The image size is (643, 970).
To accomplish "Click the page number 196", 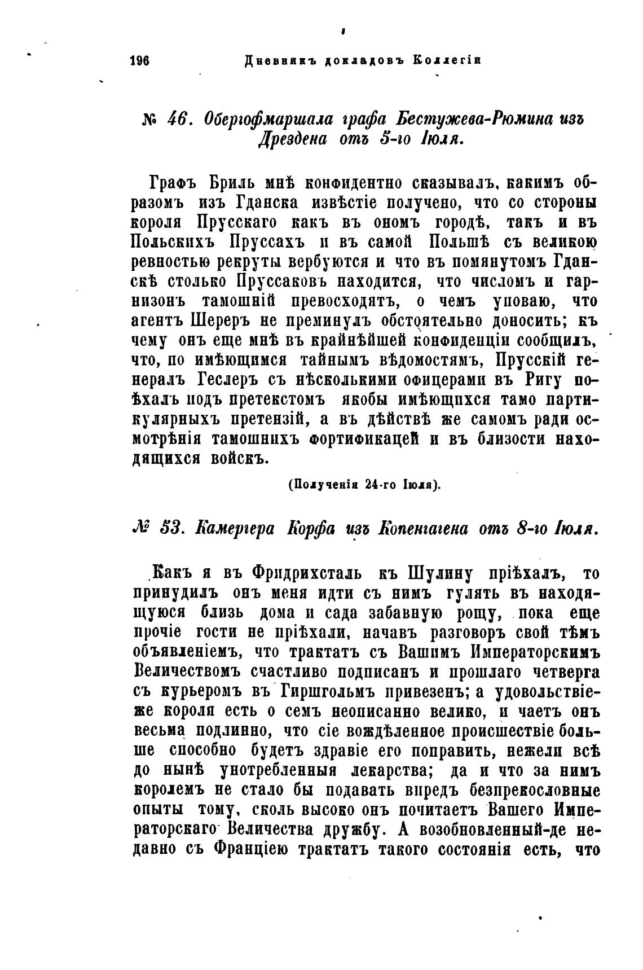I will (x=138, y=60).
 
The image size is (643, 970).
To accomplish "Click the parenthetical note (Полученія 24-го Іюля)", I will (x=364, y=484).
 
